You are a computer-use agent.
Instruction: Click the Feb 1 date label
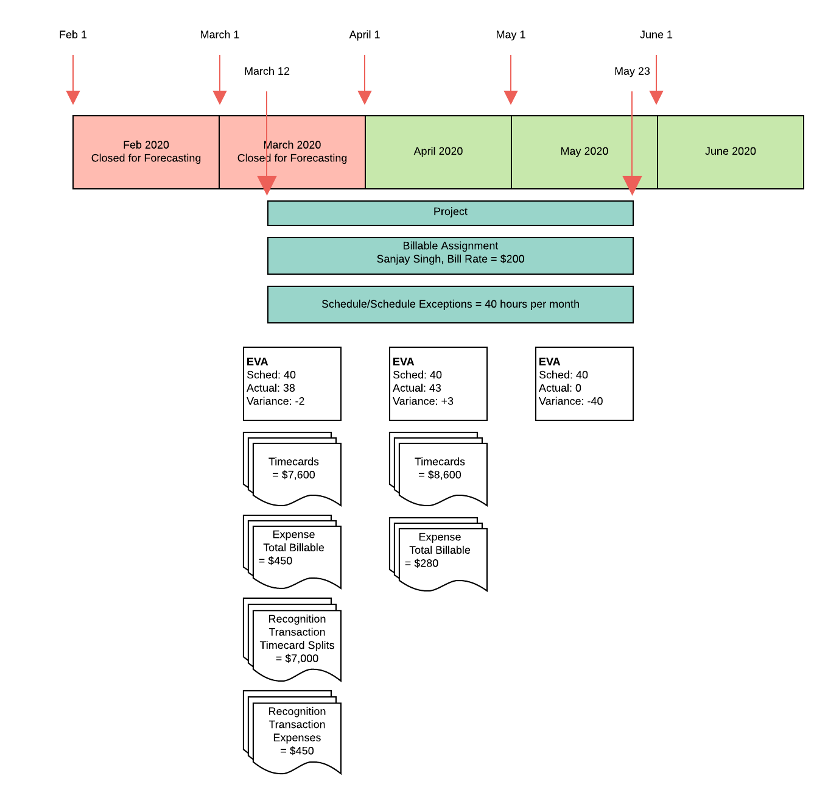pyautogui.click(x=73, y=35)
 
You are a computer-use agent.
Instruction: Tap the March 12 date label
pyautogui.click(x=267, y=71)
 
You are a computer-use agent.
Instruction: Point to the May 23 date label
pyautogui.click(x=632, y=71)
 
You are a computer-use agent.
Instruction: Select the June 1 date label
pyautogui.click(x=656, y=35)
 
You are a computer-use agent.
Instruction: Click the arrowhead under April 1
pyautogui.click(x=365, y=97)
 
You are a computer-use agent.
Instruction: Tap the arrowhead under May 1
pyautogui.click(x=511, y=97)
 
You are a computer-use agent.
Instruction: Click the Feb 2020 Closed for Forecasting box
pyautogui.click(x=146, y=152)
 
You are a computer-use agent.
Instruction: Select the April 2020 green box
pyautogui.click(x=438, y=152)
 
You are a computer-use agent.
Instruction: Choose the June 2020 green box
pyautogui.click(x=731, y=152)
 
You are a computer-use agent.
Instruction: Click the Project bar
pyautogui.click(x=451, y=213)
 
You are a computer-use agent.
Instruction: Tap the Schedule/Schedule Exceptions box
pyautogui.click(x=451, y=304)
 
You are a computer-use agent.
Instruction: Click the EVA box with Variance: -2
pyautogui.click(x=292, y=383)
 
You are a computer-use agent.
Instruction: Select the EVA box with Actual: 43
pyautogui.click(x=438, y=383)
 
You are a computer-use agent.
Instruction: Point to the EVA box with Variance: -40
pyautogui.click(x=584, y=383)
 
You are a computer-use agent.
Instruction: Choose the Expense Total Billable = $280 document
pyautogui.click(x=440, y=552)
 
